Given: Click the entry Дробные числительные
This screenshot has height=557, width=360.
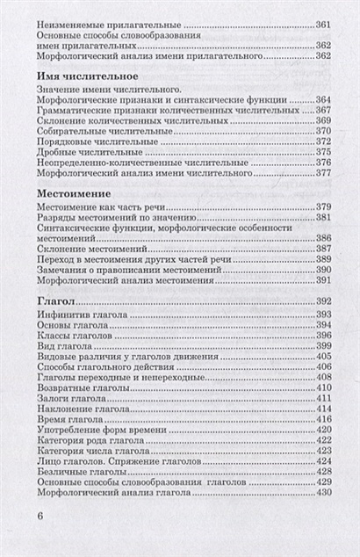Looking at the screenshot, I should (x=89, y=151).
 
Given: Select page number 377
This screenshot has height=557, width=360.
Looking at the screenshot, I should (x=318, y=173).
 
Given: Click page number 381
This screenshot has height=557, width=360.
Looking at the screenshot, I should (x=318, y=216).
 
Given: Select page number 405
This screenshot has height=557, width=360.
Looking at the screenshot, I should (x=318, y=358).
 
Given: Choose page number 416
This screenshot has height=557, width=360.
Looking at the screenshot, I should (x=318, y=420).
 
